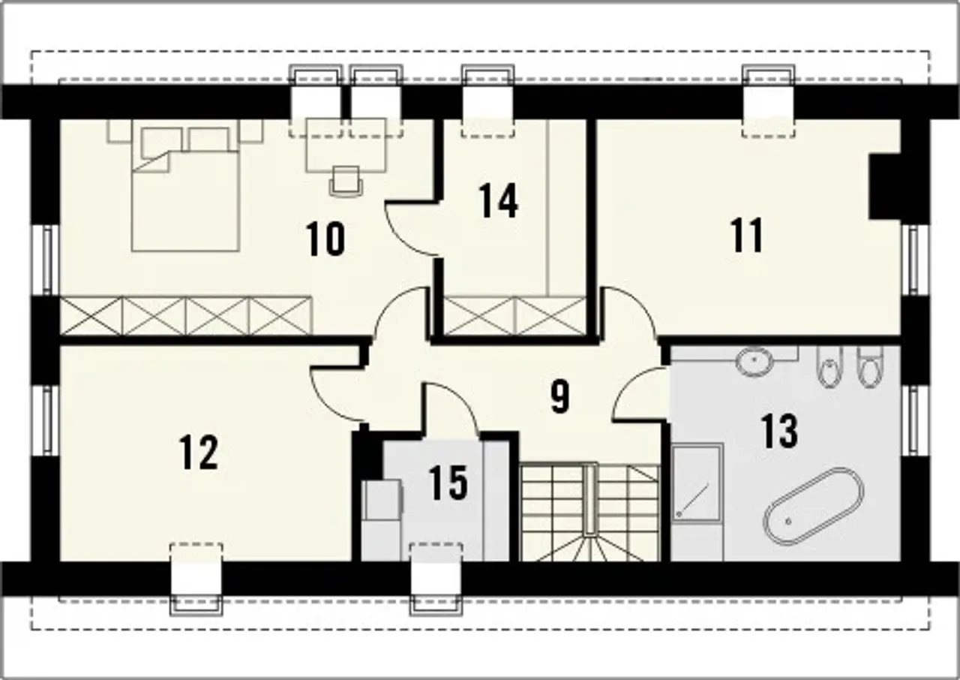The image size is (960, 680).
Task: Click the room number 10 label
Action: pos(325,239)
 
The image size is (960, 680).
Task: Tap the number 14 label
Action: pos(498,200)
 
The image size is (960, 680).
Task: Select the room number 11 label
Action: pos(747,235)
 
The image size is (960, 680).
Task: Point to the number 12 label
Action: pos(199,452)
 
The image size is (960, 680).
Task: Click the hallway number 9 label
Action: pos(560,396)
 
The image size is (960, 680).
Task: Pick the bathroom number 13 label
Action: pos(779,432)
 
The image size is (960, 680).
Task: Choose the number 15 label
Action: pos(448,483)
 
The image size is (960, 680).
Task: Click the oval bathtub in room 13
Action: pos(814,506)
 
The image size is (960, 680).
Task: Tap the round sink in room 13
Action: pos(754,362)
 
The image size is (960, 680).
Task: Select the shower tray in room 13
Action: pos(697,483)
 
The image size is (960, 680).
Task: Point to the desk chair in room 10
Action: pos(346,182)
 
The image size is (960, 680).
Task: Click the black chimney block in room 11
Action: pos(884,186)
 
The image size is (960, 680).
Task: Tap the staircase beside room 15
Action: pos(589,513)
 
